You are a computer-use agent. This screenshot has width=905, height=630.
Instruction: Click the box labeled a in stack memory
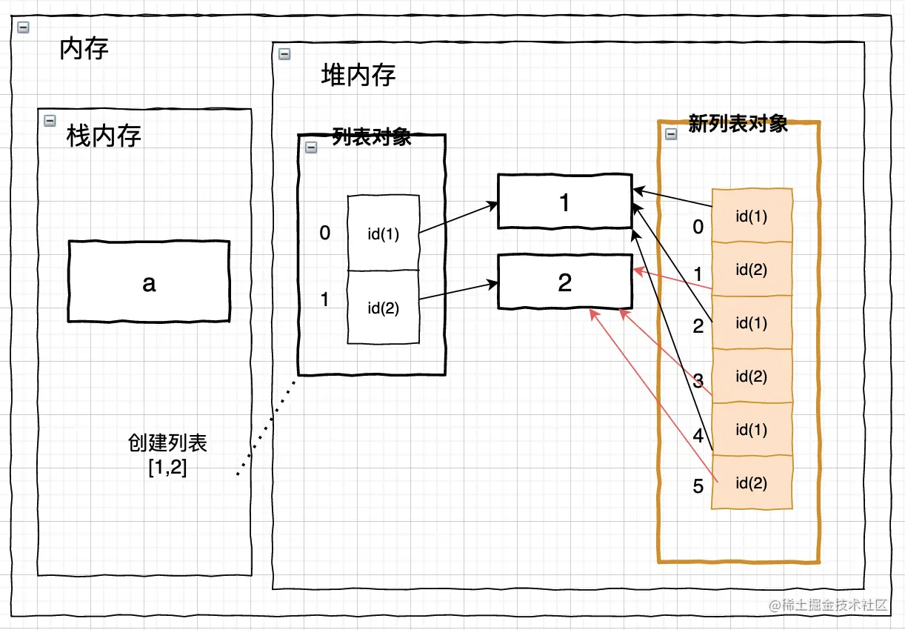point(149,281)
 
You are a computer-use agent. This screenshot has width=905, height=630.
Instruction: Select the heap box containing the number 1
point(564,202)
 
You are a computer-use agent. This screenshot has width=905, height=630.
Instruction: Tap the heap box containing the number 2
point(564,282)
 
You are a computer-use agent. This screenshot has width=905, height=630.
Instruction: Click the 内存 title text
point(84,49)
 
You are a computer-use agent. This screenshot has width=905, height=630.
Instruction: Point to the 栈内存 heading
point(104,136)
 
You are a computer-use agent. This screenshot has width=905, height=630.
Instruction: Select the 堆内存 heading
point(358,75)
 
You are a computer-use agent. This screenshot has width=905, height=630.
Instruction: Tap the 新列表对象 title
point(738,123)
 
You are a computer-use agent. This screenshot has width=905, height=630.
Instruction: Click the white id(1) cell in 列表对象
point(384,233)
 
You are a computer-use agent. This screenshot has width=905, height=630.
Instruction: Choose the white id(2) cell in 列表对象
point(384,308)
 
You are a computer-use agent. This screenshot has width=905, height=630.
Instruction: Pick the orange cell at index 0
point(751,216)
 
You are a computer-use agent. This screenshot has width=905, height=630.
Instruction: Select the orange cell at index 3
point(751,377)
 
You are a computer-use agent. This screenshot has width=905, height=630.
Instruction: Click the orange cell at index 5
point(751,483)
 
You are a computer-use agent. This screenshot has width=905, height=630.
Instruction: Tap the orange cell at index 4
point(751,430)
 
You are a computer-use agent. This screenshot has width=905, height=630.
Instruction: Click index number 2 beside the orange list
point(698,325)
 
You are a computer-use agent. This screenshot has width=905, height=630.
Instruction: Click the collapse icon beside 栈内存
point(50,120)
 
